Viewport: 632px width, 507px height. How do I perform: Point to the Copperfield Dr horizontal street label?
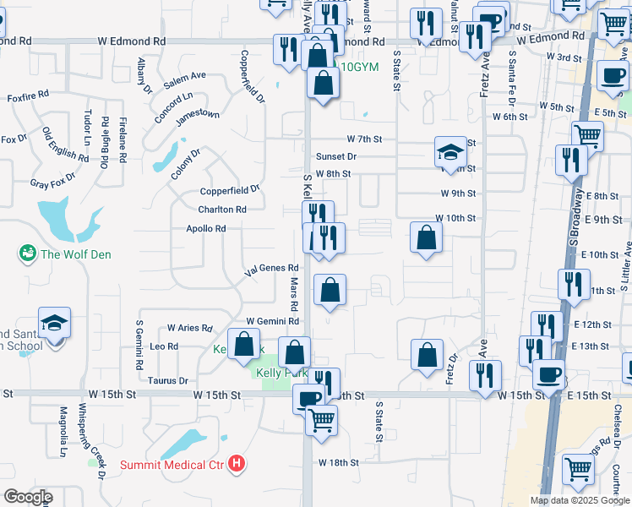coord(230,191)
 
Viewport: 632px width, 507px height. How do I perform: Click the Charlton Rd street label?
coord(222,210)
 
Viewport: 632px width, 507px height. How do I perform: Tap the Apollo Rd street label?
coord(206,228)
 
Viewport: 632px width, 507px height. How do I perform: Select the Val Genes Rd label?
coord(271,270)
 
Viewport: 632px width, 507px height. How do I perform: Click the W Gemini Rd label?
coord(272,321)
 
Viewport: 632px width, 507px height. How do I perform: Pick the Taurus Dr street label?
coord(167,381)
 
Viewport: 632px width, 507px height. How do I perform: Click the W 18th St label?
coord(339,463)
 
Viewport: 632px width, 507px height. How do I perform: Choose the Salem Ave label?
coord(185,79)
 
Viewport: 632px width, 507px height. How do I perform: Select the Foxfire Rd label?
coord(28,97)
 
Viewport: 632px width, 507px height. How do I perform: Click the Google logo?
coord(28,497)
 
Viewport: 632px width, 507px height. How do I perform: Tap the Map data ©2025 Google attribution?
coord(579,500)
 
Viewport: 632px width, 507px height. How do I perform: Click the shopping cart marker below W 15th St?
coord(321,419)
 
